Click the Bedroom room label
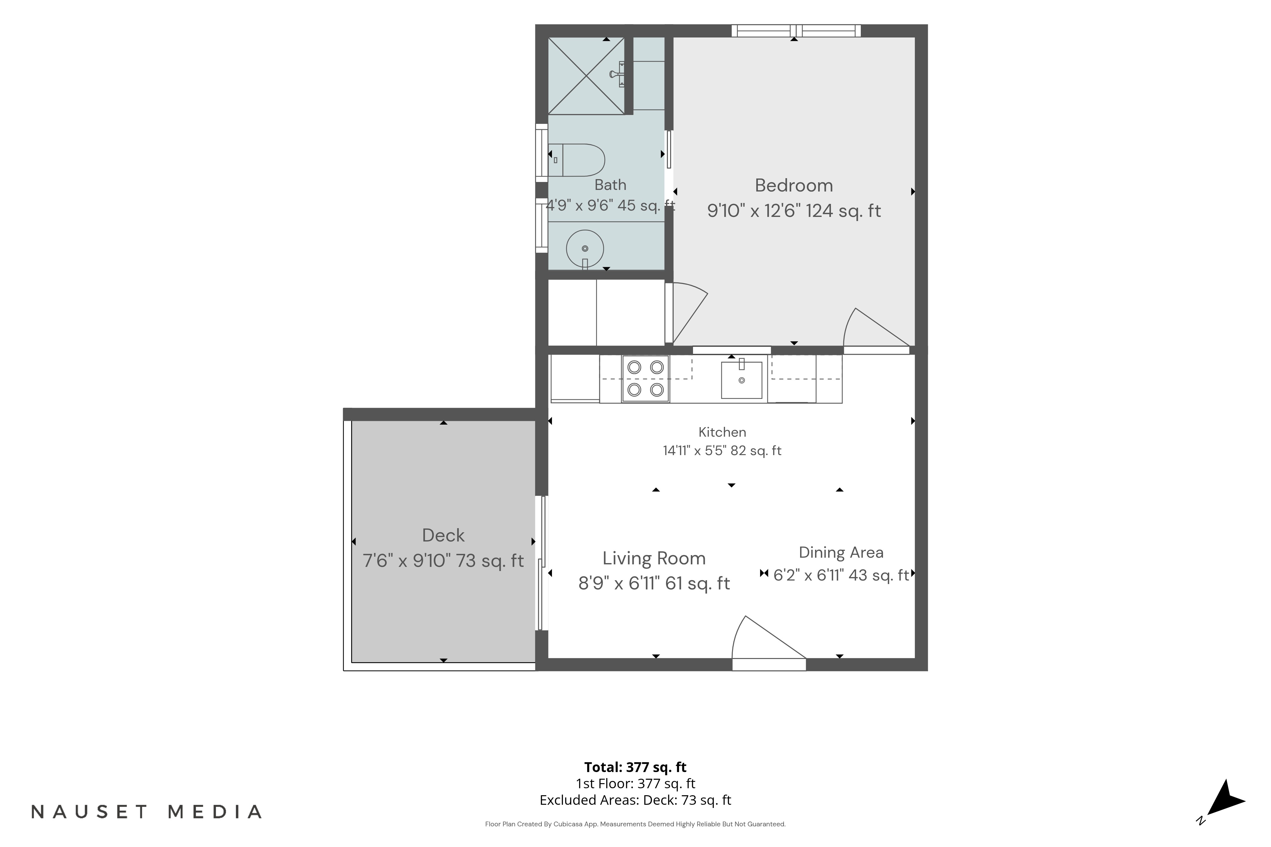tap(793, 185)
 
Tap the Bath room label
tap(610, 185)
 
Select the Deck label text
tap(443, 535)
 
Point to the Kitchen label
tap(722, 432)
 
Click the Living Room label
tap(654, 558)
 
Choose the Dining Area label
tap(841, 553)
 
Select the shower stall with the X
tap(586, 76)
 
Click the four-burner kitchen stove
tap(645, 379)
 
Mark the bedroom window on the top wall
tap(796, 31)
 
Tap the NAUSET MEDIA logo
tap(146, 812)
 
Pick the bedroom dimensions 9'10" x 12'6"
tap(753, 211)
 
